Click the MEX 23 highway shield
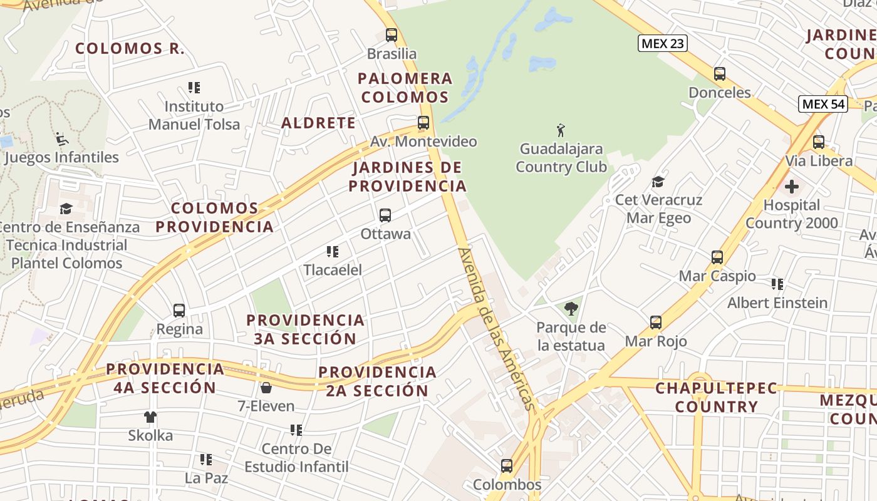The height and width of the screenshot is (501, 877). click(x=663, y=43)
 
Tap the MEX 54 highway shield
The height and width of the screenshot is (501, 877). click(x=823, y=104)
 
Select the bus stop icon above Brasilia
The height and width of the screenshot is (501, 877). click(x=392, y=35)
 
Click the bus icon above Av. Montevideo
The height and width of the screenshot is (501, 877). click(x=423, y=123)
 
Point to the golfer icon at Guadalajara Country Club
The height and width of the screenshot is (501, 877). click(x=561, y=131)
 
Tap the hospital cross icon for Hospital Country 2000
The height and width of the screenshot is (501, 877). click(x=792, y=187)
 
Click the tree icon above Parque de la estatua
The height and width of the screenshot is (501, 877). click(x=571, y=309)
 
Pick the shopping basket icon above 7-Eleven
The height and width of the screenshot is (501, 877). click(x=266, y=388)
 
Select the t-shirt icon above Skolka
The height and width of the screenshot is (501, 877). click(x=150, y=416)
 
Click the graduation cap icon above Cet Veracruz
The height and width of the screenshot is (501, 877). click(x=658, y=182)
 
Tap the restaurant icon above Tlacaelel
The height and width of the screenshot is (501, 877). click(x=333, y=252)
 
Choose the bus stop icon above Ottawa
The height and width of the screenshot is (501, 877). click(x=385, y=215)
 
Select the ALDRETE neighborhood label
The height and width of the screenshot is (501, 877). click(x=318, y=123)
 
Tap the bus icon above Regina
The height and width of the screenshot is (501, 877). click(x=179, y=310)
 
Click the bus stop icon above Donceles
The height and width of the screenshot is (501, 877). click(x=720, y=74)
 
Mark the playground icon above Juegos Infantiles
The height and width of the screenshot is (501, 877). click(x=61, y=138)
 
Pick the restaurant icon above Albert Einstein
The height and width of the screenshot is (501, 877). click(x=777, y=284)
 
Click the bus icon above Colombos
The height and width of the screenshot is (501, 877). click(x=507, y=466)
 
